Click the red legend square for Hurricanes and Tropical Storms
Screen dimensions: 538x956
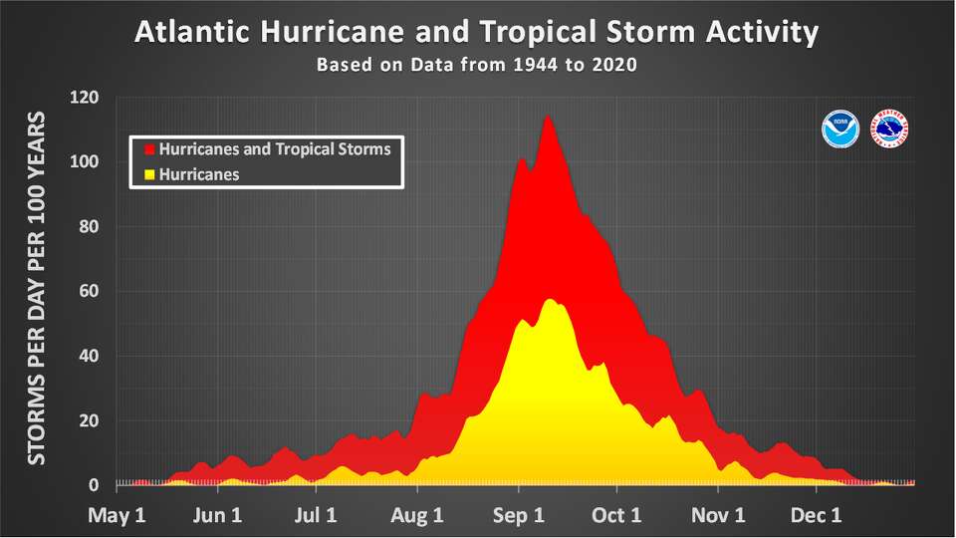pos(150,149)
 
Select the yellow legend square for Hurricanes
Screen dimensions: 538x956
pos(150,173)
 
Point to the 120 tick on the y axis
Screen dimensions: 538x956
pos(85,98)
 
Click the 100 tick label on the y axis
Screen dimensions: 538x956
pos(85,162)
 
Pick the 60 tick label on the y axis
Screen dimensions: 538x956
pos(89,292)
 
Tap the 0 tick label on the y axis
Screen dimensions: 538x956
pos(94,485)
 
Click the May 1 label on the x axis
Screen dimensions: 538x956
pos(118,516)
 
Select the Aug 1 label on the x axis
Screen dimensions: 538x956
pos(418,516)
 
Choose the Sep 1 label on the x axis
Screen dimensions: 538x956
pos(518,516)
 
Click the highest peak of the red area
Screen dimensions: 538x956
pos(547,118)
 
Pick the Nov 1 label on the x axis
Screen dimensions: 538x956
pos(719,516)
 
